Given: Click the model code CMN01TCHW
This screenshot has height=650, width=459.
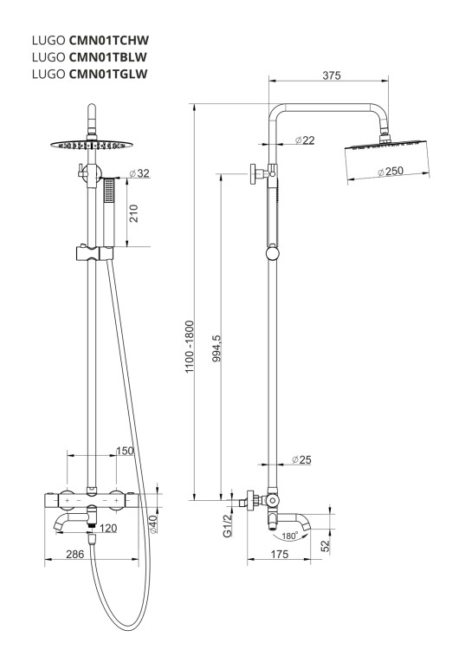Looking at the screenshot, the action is pyautogui.click(x=109, y=40).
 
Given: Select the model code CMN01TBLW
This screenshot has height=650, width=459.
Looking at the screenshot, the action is pyautogui.click(x=108, y=57).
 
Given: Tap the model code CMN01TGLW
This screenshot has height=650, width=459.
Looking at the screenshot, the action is pyautogui.click(x=108, y=74).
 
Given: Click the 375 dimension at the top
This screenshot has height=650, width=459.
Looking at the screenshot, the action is pyautogui.click(x=332, y=75).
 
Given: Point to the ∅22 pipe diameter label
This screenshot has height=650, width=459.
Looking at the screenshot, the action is pyautogui.click(x=305, y=140).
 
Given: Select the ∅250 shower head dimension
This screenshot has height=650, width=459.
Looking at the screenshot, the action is pyautogui.click(x=391, y=172).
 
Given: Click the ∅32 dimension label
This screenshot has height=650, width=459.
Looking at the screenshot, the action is pyautogui.click(x=139, y=173).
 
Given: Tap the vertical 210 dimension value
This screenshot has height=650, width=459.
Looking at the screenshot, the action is pyautogui.click(x=134, y=213).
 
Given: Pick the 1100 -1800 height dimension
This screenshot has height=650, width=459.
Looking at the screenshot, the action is pyautogui.click(x=190, y=347).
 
